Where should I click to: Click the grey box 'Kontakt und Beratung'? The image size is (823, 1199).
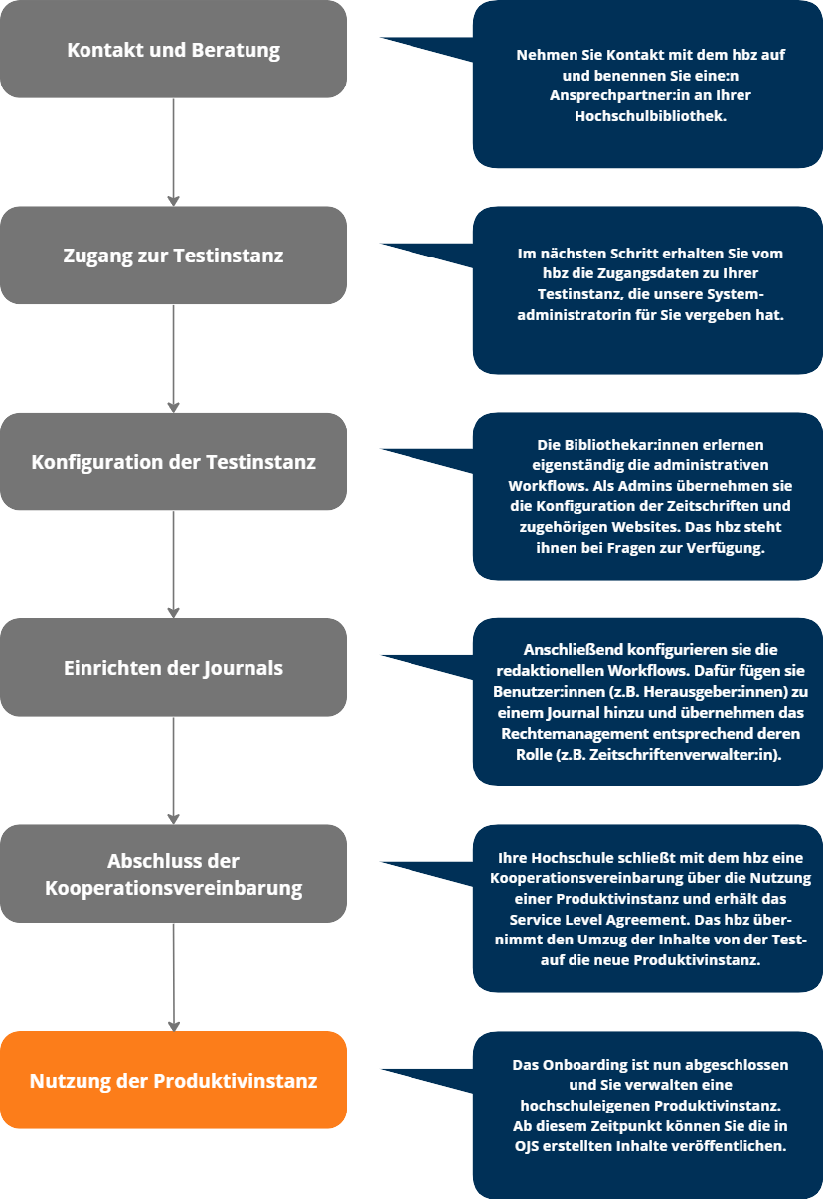coord(173,49)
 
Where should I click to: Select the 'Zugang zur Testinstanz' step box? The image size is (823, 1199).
coord(173,256)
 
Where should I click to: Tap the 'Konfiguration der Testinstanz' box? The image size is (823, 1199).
coord(173,462)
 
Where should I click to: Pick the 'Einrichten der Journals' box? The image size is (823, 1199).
coord(173,668)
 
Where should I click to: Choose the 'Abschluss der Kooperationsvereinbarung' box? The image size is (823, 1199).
coord(173,874)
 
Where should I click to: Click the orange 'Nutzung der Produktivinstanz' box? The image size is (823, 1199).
coord(173,1080)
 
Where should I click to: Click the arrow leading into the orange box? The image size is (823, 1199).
coord(173,978)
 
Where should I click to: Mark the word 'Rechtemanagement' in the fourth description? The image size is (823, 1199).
coord(604,733)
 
